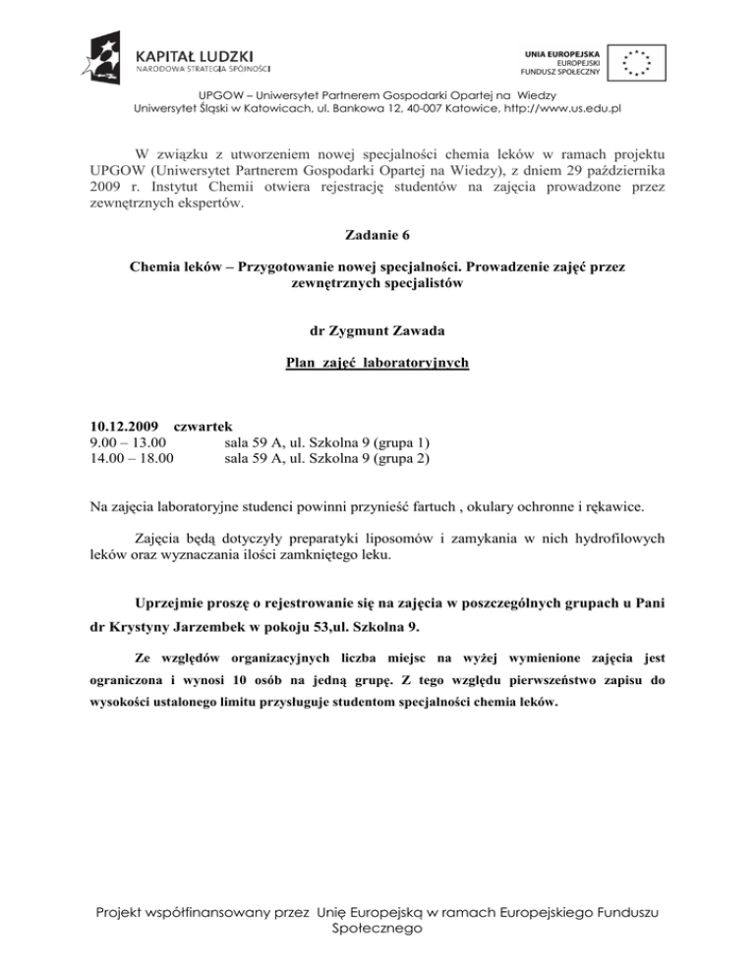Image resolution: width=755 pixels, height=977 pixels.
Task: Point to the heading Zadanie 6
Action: click(x=377, y=235)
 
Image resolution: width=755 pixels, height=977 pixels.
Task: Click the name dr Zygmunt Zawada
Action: click(x=377, y=331)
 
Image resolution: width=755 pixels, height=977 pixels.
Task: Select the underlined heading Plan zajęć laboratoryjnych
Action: click(x=377, y=364)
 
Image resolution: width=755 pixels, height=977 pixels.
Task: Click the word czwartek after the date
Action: click(x=202, y=427)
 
